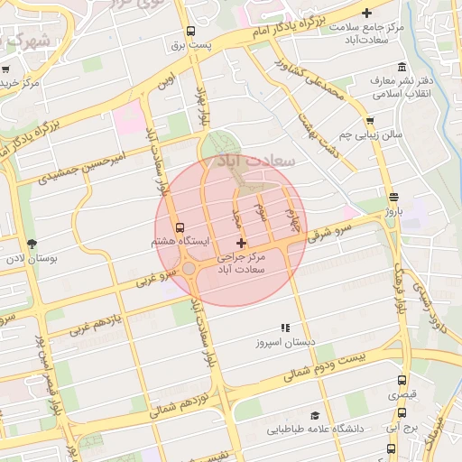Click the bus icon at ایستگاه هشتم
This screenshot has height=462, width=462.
point(180,227)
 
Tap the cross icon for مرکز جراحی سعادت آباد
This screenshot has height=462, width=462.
point(240,243)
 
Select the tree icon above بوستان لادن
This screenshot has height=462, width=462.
point(32,244)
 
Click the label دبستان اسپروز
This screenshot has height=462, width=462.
point(285,342)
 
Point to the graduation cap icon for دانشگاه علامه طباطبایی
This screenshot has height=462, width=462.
point(315,415)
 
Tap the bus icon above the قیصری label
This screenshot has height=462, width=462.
point(402,381)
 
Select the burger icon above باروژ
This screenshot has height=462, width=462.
point(393,197)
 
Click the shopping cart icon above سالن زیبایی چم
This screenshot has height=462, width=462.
point(369,121)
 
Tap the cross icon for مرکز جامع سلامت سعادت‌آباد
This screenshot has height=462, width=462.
point(366,13)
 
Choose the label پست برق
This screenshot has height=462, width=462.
point(218,44)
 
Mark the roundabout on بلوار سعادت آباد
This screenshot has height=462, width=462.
point(190,269)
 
